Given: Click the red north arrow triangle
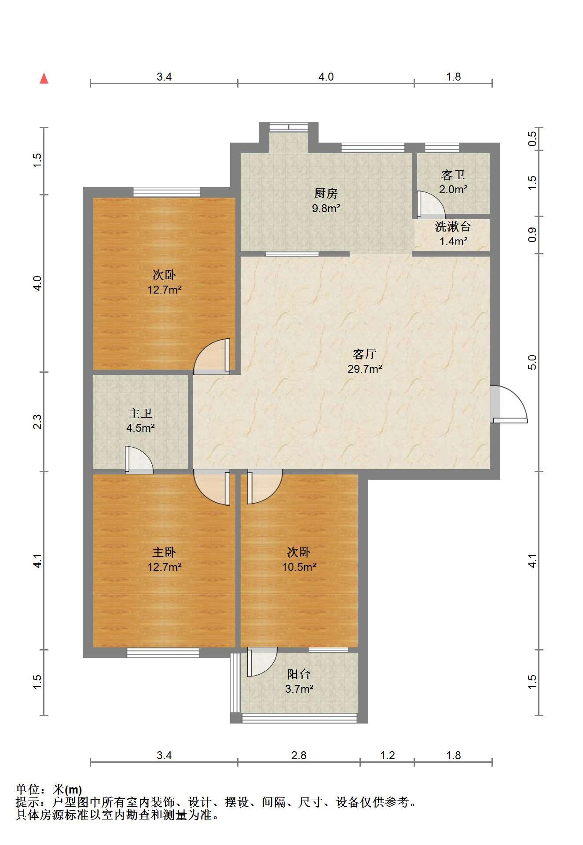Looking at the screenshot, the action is [x=44, y=79].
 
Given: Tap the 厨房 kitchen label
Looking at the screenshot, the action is [x=326, y=193].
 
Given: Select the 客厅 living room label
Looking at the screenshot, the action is [x=365, y=354].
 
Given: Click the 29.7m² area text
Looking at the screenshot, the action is [x=365, y=369].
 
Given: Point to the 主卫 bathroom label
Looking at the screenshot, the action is [x=140, y=413].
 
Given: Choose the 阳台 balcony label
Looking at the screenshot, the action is [x=299, y=674].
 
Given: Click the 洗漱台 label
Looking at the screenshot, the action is [x=453, y=227].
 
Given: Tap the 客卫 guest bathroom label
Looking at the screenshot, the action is [x=453, y=175].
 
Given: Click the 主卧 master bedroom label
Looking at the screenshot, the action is [x=164, y=552].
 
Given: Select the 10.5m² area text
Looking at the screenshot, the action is [x=299, y=567].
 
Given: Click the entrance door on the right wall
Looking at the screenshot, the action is [x=509, y=404].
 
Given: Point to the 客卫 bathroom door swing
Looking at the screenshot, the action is [x=431, y=205].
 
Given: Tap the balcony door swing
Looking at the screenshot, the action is [x=262, y=661].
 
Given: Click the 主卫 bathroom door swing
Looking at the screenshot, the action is [x=139, y=460].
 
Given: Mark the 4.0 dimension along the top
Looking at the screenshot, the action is [x=326, y=77].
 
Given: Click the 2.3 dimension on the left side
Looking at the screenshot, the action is [x=38, y=422].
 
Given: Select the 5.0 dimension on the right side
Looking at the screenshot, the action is [x=532, y=362].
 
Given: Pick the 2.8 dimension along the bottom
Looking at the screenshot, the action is [x=299, y=756].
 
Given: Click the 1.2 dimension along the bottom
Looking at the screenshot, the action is [x=387, y=756].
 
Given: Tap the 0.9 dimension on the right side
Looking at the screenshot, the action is [x=532, y=235].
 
